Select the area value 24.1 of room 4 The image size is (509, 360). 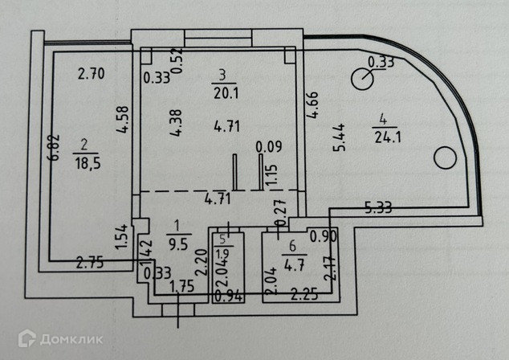(387, 136)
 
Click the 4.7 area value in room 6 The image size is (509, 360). (288, 259)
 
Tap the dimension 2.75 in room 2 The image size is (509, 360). (89, 260)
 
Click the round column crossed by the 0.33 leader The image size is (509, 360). (364, 78)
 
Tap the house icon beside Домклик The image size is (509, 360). (27, 339)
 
